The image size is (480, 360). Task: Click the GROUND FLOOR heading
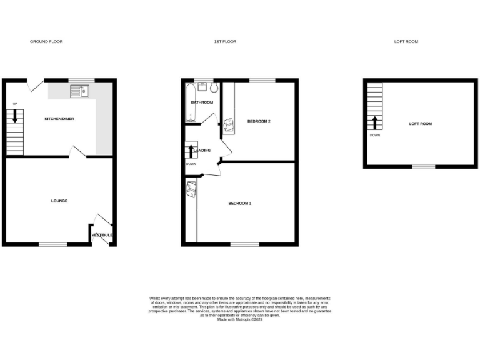(x=46, y=42)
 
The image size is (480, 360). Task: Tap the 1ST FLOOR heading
(x=225, y=42)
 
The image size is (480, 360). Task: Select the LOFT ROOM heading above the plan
(x=406, y=42)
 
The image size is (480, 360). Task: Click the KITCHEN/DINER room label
(x=59, y=118)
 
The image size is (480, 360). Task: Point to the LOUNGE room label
(x=59, y=201)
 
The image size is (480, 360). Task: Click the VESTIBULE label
(x=102, y=235)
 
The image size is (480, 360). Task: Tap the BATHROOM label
(x=202, y=102)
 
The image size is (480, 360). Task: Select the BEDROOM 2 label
(x=259, y=121)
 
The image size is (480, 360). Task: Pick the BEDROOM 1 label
(x=239, y=204)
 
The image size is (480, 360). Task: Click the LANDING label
(x=202, y=151)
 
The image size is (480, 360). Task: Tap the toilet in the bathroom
(x=214, y=88)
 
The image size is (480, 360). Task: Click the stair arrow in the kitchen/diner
(x=15, y=116)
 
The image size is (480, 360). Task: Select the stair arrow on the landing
(x=191, y=151)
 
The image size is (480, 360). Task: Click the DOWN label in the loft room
(x=374, y=135)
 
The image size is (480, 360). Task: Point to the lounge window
(x=53, y=244)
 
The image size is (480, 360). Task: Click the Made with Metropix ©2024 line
(x=240, y=320)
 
